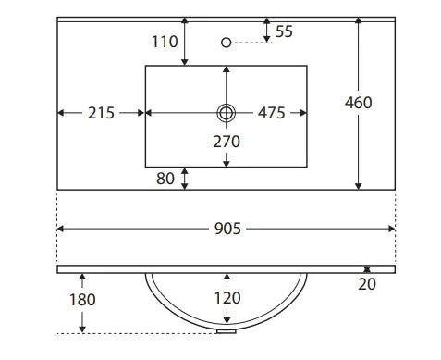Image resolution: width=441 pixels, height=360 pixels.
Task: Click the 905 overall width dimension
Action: point(227,229)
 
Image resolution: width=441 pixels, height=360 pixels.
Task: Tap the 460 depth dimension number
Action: point(358,103)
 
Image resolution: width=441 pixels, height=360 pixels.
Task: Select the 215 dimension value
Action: point(101,113)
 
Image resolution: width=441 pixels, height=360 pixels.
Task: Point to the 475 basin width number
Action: point(271,113)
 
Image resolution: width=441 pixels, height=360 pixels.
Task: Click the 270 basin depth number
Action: point(227,142)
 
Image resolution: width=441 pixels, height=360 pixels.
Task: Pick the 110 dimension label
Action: point(165,42)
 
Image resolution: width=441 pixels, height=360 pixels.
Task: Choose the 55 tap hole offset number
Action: point(284,31)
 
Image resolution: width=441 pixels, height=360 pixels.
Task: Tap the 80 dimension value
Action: point(165,179)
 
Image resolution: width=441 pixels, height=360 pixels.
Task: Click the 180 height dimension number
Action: point(82,300)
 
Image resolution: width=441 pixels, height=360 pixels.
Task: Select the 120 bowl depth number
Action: point(227,298)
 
